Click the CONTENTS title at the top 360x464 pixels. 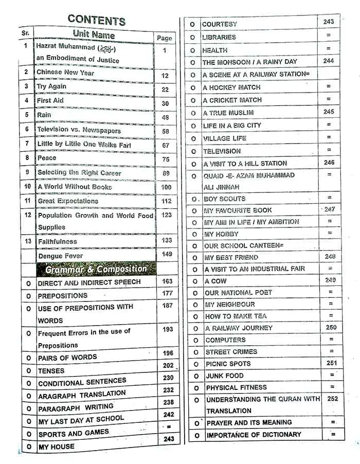(x=96, y=20)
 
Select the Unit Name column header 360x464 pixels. (x=94, y=34)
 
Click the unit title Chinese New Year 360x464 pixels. (x=65, y=73)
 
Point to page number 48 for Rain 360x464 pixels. (x=165, y=117)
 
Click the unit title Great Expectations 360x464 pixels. (x=68, y=201)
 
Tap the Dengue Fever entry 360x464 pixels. (x=60, y=256)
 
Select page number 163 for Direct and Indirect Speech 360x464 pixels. (x=167, y=281)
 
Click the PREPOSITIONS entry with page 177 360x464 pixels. (x=63, y=296)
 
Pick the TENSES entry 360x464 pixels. (x=51, y=371)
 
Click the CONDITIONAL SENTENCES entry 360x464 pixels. (x=82, y=382)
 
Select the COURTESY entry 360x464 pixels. (x=220, y=24)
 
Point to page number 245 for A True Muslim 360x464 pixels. (x=329, y=112)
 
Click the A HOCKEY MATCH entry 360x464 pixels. (x=231, y=87)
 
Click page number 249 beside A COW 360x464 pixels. (x=330, y=280)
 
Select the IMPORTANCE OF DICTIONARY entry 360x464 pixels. (x=254, y=435)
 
